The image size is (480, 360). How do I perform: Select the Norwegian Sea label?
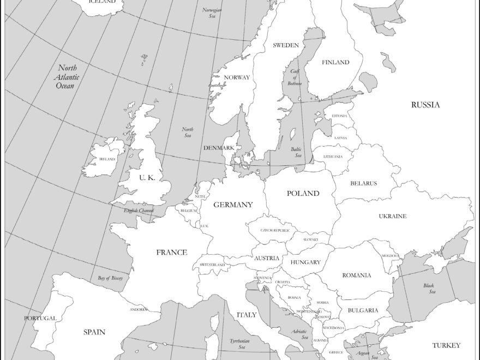click(x=212, y=13)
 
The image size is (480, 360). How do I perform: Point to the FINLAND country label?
click(x=335, y=62)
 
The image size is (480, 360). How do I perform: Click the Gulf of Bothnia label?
click(x=295, y=77)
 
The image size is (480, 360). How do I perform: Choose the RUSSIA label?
click(x=425, y=105)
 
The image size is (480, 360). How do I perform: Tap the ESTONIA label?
click(x=339, y=116)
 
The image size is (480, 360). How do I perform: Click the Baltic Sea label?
click(x=296, y=152)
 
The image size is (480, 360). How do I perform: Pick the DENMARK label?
click(x=219, y=148)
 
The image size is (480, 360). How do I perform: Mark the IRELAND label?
click(x=107, y=159)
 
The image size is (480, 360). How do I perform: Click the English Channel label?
click(x=139, y=210)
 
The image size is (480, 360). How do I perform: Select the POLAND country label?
click(x=303, y=193)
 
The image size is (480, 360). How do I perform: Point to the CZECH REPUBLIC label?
click(x=275, y=231)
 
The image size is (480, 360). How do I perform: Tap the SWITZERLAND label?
click(x=212, y=265)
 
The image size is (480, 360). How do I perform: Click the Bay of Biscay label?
click(x=110, y=278)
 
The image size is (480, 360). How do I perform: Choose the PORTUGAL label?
click(x=40, y=318)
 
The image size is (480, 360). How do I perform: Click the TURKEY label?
click(x=446, y=345)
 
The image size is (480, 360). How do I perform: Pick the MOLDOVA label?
click(x=390, y=255)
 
